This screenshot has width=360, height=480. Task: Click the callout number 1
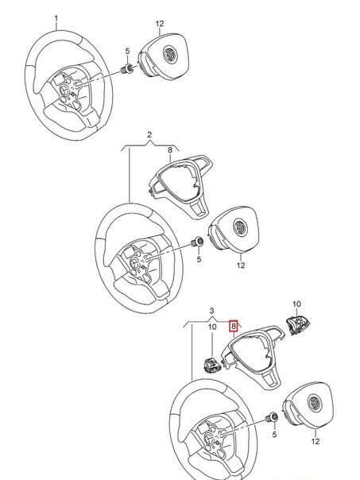click(56, 18)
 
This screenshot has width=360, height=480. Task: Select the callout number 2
click(149, 134)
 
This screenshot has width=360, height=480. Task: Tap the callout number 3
click(212, 311)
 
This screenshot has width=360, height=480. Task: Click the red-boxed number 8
click(234, 327)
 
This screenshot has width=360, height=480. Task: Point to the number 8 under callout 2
click(170, 149)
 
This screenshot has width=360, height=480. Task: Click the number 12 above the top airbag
click(160, 24)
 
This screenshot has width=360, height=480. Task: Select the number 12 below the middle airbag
click(241, 265)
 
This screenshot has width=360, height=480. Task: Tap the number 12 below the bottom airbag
click(315, 441)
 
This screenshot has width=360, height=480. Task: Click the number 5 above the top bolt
click(127, 51)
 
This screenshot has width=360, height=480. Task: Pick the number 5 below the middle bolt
click(199, 259)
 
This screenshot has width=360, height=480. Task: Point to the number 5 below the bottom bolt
click(274, 434)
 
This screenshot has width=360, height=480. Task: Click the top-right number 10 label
click(296, 304)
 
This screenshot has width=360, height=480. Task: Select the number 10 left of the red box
click(212, 327)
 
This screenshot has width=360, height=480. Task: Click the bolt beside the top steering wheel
click(126, 68)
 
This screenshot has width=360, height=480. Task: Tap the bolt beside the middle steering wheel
click(197, 242)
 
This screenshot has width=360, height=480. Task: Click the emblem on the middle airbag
click(239, 226)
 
